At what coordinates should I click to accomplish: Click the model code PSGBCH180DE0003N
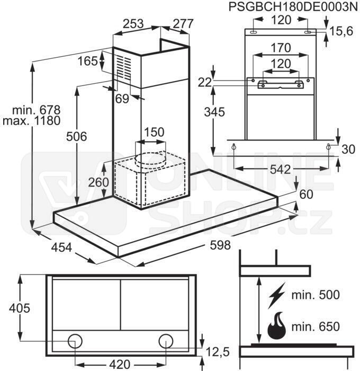tap(293, 7)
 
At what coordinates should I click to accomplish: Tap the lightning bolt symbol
tap(276, 295)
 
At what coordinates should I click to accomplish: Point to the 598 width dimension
tap(220, 245)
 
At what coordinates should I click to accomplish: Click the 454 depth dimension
tap(61, 248)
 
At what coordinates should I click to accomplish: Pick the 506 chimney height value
tap(77, 137)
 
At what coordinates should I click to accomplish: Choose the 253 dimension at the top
tap(133, 24)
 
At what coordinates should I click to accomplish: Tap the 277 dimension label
tap(183, 24)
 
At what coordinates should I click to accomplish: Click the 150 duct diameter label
tap(154, 132)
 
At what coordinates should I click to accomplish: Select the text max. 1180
tap(32, 121)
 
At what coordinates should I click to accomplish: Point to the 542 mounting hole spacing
tap(280, 170)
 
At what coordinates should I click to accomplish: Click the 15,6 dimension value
tap(341, 31)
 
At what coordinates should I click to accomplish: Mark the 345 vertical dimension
tap(214, 112)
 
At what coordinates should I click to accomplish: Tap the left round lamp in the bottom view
tap(75, 341)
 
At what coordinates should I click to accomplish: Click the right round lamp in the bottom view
tap(166, 341)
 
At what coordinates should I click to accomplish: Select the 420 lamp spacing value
tap(120, 364)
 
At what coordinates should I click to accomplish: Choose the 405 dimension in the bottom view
tap(20, 308)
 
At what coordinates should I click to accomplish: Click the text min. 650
tap(316, 327)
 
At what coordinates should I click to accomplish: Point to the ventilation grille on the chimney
tap(124, 68)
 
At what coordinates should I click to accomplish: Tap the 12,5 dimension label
tap(218, 351)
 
